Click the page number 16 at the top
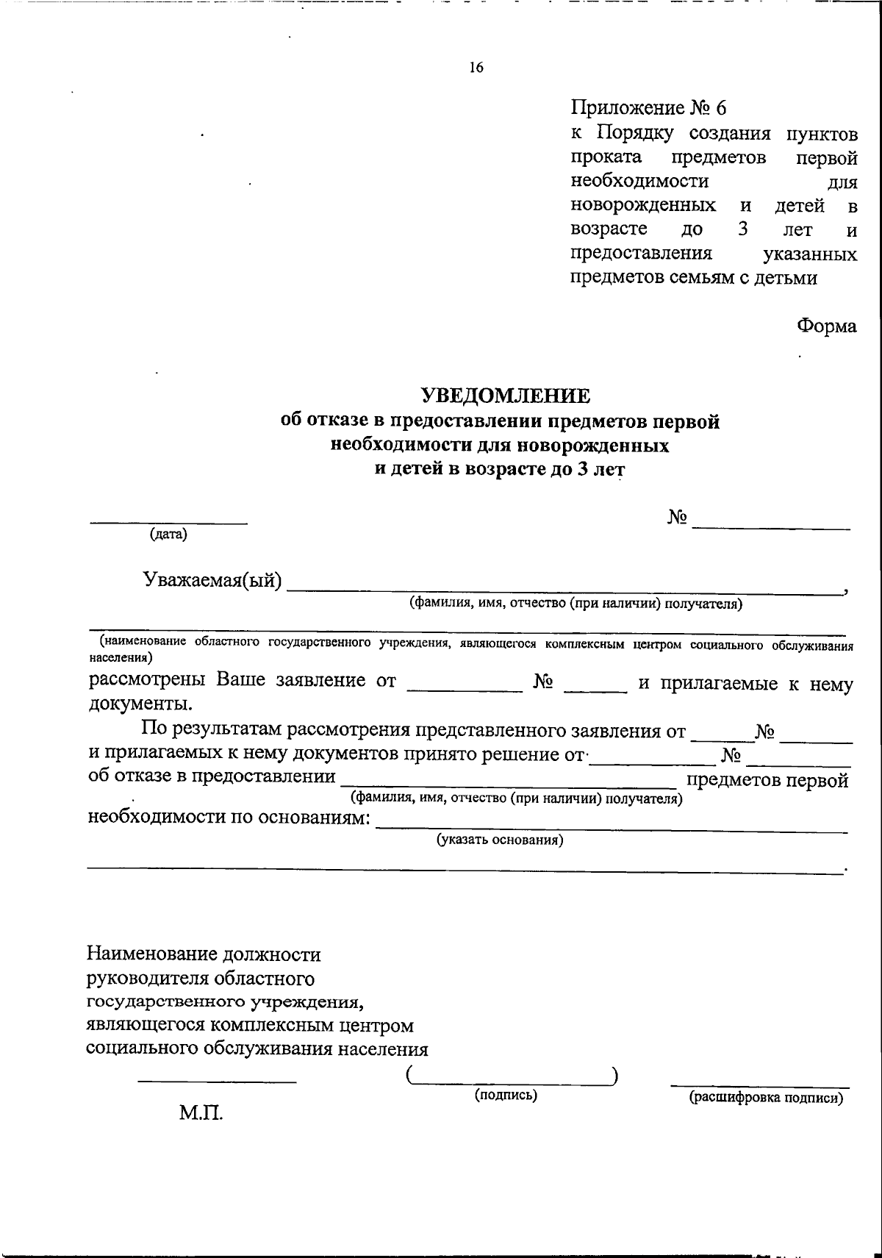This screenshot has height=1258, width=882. pos(476,68)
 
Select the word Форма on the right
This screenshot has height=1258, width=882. pos(827,326)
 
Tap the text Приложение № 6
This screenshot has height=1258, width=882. pos(648,108)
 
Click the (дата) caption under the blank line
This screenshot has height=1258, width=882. pos(168,535)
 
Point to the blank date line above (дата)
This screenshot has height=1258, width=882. pos(168,523)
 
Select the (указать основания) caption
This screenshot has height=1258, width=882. pos(500,840)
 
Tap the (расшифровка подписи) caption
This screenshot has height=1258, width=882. pos(764,1098)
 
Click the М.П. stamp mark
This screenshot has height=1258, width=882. pos(201,1113)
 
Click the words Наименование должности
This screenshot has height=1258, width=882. pos(204,955)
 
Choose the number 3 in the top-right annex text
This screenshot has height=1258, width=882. pos(743,229)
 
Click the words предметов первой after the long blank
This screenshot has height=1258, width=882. pos(767,779)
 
